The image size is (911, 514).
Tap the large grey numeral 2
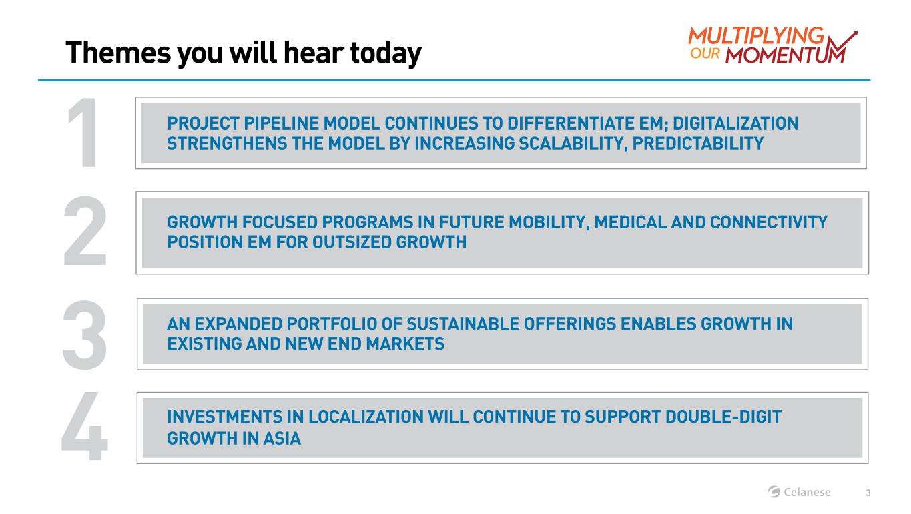pyautogui.click(x=85, y=230)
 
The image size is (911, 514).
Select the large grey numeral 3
pyautogui.click(x=85, y=335)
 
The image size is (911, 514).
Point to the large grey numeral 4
pyautogui.click(x=85, y=425)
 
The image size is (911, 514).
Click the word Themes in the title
pyautogui.click(x=118, y=53)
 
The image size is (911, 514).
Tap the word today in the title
pyautogui.click(x=386, y=54)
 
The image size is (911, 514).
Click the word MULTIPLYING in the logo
pyautogui.click(x=756, y=36)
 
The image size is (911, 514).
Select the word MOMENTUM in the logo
pyautogui.click(x=785, y=55)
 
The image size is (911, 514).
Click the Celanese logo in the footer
pyautogui.click(x=799, y=492)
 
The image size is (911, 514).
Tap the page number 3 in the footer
pyautogui.click(x=868, y=493)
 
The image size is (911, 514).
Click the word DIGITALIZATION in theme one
pyautogui.click(x=735, y=123)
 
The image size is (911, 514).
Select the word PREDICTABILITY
pyautogui.click(x=698, y=144)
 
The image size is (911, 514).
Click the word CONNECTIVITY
pyautogui.click(x=769, y=222)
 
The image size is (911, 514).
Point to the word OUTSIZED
pyautogui.click(x=352, y=242)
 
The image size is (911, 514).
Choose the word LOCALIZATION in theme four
pyautogui.click(x=366, y=417)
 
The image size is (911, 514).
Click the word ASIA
pyautogui.click(x=282, y=439)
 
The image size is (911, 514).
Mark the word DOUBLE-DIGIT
pyautogui.click(x=723, y=417)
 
